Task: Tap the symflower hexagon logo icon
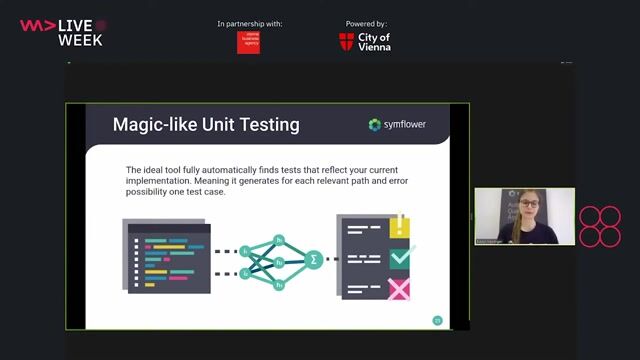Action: pyautogui.click(x=375, y=125)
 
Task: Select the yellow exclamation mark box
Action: pyautogui.click(x=400, y=227)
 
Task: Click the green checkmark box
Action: pyautogui.click(x=400, y=258)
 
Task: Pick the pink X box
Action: pyautogui.click(x=400, y=290)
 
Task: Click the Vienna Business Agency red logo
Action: pyautogui.click(x=248, y=42)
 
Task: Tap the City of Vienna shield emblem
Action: pyautogui.click(x=346, y=41)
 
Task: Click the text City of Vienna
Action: pyautogui.click(x=375, y=41)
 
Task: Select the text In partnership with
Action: pyautogui.click(x=249, y=23)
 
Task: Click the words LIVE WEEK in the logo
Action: pyautogui.click(x=80, y=32)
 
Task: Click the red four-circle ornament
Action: pyautogui.click(x=600, y=227)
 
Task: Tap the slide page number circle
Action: pyautogui.click(x=437, y=320)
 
